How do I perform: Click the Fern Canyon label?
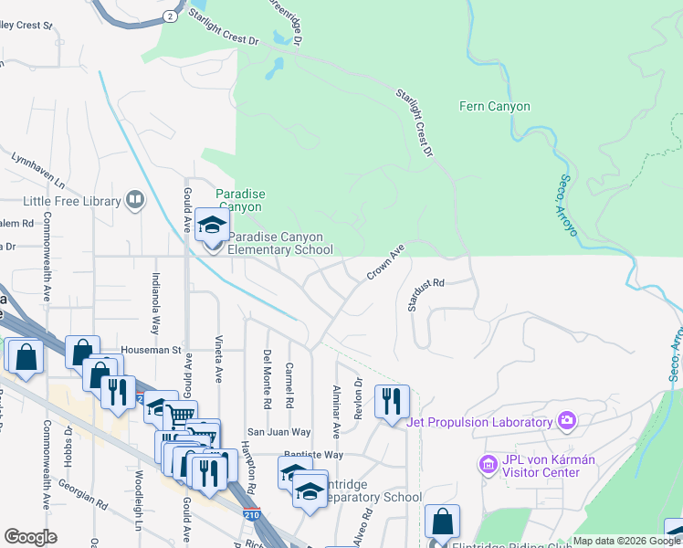click(494, 107)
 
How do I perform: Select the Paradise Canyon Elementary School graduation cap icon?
click(212, 226)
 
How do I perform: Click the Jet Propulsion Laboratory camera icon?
click(567, 421)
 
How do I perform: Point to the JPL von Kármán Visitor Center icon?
click(487, 466)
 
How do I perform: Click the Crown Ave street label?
click(384, 262)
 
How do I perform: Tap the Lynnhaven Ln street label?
click(38, 170)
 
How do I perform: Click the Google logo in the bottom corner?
click(31, 537)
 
